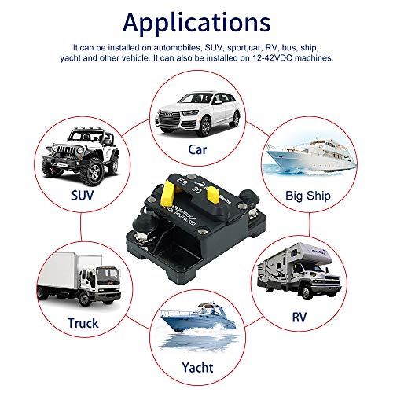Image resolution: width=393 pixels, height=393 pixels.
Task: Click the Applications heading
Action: (x=196, y=20)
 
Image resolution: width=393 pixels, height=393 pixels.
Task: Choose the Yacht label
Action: (x=196, y=366)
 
